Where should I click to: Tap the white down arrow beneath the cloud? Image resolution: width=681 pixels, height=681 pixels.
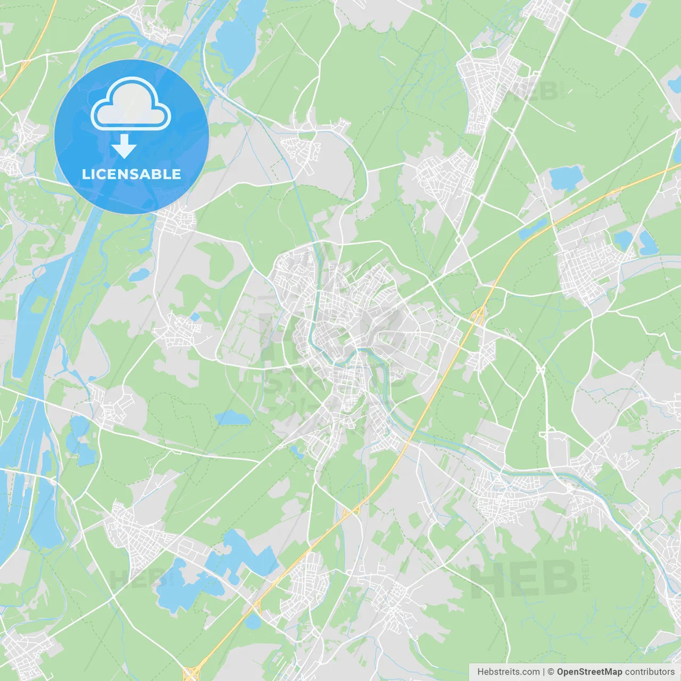point(124,146)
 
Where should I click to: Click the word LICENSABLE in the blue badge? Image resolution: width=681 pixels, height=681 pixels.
point(131,174)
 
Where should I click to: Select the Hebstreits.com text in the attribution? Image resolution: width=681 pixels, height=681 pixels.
point(508,672)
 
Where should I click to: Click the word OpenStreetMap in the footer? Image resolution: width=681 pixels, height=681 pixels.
point(589,672)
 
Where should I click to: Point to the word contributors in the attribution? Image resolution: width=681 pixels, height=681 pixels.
point(650,672)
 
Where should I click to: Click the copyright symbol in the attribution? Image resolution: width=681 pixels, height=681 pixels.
point(551,672)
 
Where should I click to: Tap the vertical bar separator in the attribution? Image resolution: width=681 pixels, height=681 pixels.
point(544,672)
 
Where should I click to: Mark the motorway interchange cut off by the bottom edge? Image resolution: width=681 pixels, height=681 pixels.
point(190,671)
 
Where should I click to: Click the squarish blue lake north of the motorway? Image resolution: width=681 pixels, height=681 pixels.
point(566,177)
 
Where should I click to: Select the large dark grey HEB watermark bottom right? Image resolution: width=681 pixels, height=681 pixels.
point(524,579)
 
